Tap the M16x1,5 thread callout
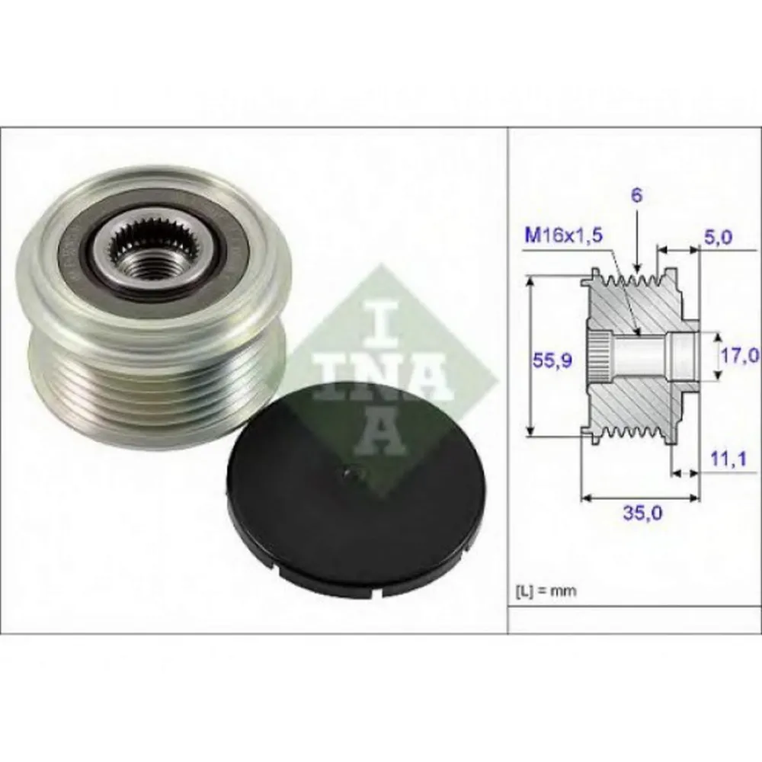(x=563, y=236)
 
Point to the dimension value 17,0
(x=738, y=355)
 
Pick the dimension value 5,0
(x=718, y=237)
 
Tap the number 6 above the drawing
(x=636, y=195)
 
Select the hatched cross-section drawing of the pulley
(x=640, y=358)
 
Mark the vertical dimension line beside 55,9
(x=530, y=358)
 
